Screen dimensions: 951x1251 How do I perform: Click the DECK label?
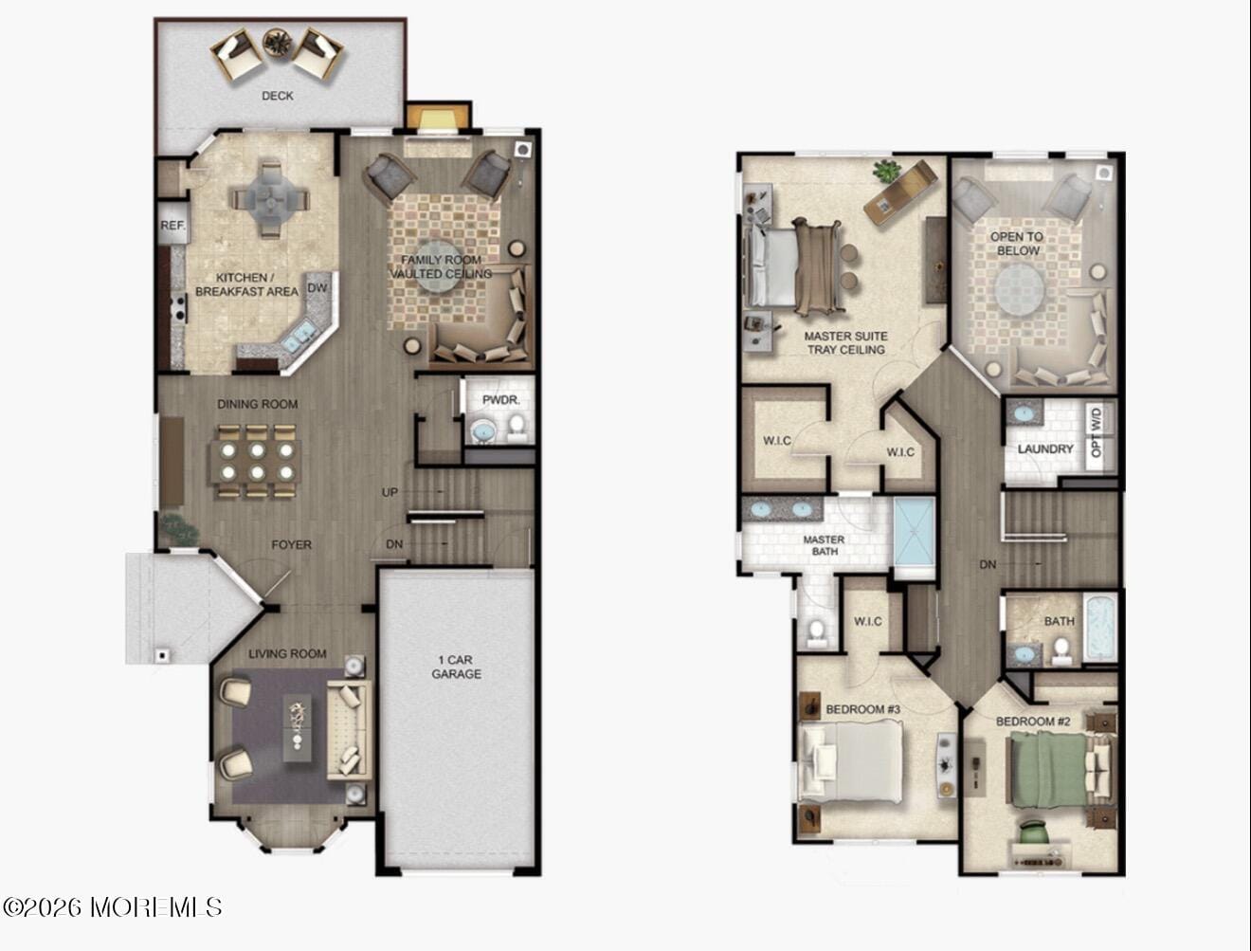coord(277,96)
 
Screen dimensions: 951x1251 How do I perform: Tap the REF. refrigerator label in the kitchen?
coord(172,226)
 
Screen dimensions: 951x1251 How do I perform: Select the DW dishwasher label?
coord(317,288)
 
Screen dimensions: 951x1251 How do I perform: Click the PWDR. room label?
coord(500,400)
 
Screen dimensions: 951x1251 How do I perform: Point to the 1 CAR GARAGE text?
coord(456,667)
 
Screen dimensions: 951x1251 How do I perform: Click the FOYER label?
coord(291,545)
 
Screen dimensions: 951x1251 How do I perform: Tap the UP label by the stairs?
coord(390,492)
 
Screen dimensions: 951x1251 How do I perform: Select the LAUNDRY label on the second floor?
coord(1045,448)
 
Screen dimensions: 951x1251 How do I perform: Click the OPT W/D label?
coord(1097,432)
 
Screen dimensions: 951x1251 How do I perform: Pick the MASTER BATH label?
coord(824,545)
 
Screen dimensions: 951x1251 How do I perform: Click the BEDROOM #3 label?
coord(862,709)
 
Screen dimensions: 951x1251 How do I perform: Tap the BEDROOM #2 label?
coord(1032,722)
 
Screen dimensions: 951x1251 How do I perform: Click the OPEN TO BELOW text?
coord(1017,244)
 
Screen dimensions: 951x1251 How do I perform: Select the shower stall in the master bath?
coord(915,537)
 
